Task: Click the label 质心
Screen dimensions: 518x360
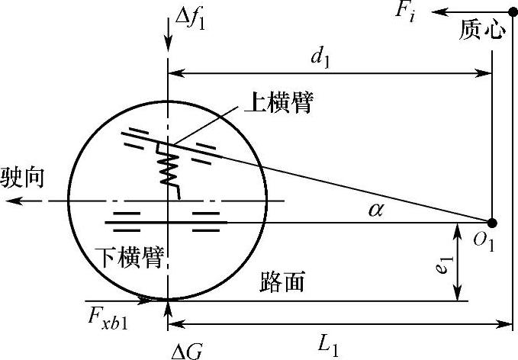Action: (x=482, y=31)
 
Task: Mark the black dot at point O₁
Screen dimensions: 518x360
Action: (x=492, y=223)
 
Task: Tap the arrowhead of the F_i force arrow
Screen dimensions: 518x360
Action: (x=435, y=12)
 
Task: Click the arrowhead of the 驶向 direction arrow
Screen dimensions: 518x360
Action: (x=9, y=201)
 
